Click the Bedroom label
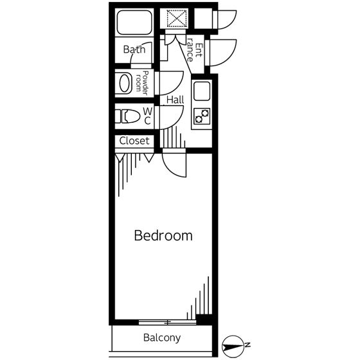[163, 235]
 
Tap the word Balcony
[162, 337]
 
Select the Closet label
[134, 141]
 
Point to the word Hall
[175, 100]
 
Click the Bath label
[134, 50]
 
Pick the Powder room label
[142, 83]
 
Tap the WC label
[148, 116]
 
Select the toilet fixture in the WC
[127, 116]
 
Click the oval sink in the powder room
[125, 83]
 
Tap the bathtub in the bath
[134, 22]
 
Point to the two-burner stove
[202, 116]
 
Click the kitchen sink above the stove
[202, 91]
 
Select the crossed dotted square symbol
[177, 19]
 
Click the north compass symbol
[233, 346]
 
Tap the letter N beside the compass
[248, 345]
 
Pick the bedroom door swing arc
[170, 170]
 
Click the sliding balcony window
[167, 322]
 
